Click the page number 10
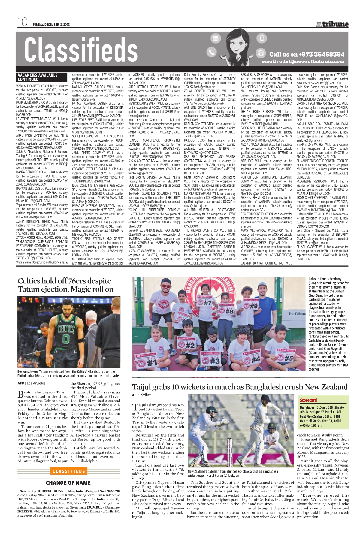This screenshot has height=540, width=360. click(x=22, y=22)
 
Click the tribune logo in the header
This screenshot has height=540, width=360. click(x=332, y=24)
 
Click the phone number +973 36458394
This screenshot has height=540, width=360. click(x=307, y=54)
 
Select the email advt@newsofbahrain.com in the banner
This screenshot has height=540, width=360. click(x=303, y=61)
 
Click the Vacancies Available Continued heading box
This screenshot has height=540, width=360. click(x=37, y=77)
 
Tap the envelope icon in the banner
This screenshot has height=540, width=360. click(x=215, y=38)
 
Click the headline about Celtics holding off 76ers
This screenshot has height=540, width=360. click(x=65, y=285)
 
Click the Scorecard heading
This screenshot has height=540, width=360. click(x=308, y=400)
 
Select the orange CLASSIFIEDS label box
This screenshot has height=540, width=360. click(x=69, y=471)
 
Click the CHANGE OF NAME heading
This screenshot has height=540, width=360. click(x=68, y=483)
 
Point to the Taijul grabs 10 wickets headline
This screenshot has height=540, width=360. click(x=240, y=387)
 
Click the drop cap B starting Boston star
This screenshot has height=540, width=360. click(x=20, y=394)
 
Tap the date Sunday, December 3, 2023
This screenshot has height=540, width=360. click(x=51, y=25)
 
